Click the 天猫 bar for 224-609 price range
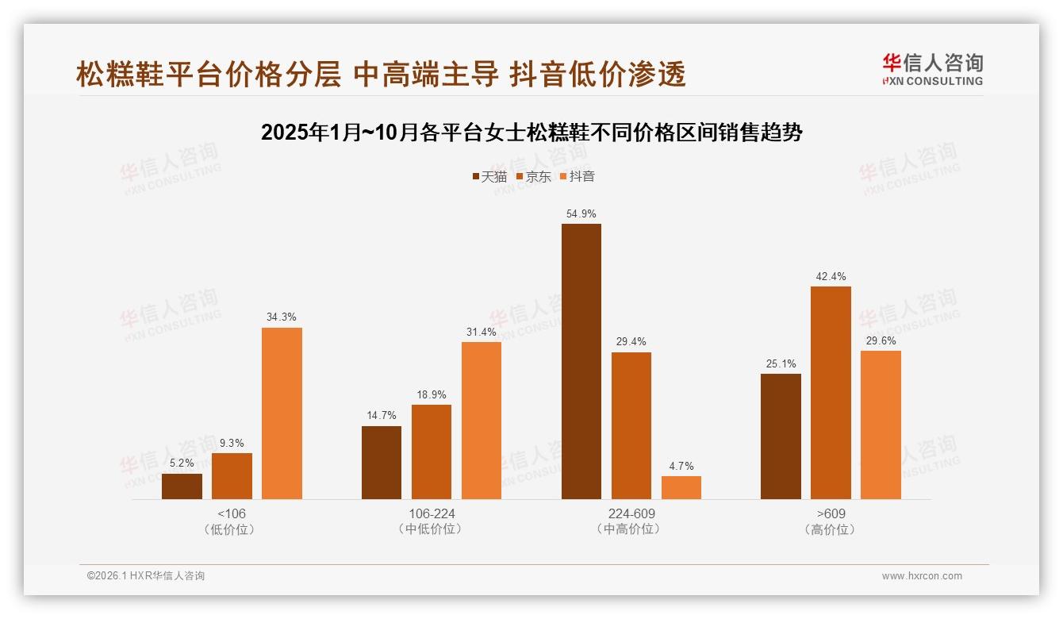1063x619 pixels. (581, 361)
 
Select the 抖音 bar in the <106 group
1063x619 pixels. (282, 413)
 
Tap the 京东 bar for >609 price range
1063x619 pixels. (831, 393)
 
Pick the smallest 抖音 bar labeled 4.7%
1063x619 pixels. (681, 487)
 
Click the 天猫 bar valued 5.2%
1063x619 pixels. (182, 486)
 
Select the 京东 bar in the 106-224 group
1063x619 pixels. (431, 452)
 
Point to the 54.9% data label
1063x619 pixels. (581, 214)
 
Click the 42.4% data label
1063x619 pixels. (831, 277)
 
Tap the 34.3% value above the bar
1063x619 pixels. (282, 317)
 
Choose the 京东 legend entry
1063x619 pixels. (533, 177)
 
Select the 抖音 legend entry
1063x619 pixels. (577, 177)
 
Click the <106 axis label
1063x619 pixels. (231, 513)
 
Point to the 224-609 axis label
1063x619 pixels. (631, 513)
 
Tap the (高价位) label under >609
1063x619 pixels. (830, 529)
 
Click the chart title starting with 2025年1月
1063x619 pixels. (531, 133)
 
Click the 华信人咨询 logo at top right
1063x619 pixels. (932, 69)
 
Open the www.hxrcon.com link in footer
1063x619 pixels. (922, 576)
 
